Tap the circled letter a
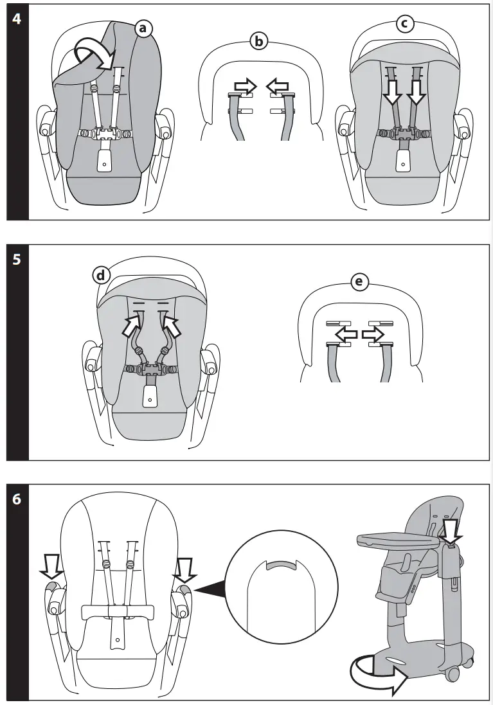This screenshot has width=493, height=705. coord(143,28)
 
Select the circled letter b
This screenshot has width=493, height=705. coord(258,42)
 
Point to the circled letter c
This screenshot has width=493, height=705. coord(404,24)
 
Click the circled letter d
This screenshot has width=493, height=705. coord(101,276)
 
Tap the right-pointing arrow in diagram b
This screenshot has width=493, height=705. coord(246,85)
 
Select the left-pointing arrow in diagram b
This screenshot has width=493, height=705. coord(277,85)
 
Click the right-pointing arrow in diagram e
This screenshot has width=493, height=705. coord(373,334)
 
